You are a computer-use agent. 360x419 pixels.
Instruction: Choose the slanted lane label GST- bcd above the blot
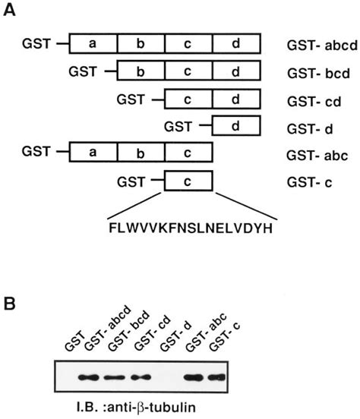tap(123, 338)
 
